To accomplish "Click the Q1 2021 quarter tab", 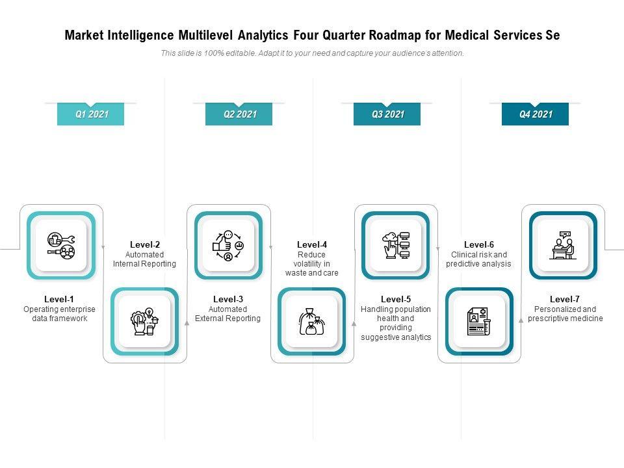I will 91,114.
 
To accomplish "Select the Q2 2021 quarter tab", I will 239,114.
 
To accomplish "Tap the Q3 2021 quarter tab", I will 387,114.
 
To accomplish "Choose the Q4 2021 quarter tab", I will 535,114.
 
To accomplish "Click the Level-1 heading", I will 59,299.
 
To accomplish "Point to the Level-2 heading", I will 144,244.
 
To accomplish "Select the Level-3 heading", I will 227,299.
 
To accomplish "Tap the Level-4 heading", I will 312,244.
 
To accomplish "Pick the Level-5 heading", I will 396,299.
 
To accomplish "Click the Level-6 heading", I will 479,244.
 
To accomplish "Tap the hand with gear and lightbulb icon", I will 145,321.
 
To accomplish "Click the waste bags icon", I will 312,321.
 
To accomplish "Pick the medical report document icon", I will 479,321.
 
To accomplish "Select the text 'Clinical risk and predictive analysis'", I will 479,259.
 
